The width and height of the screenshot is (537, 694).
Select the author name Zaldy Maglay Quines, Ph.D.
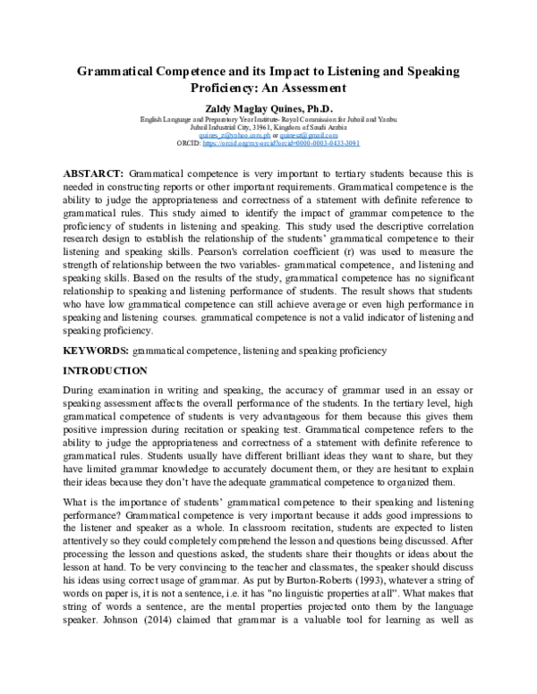point(268,107)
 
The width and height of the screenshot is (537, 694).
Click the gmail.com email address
point(308,135)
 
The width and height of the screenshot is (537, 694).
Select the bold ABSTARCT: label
point(93,171)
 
